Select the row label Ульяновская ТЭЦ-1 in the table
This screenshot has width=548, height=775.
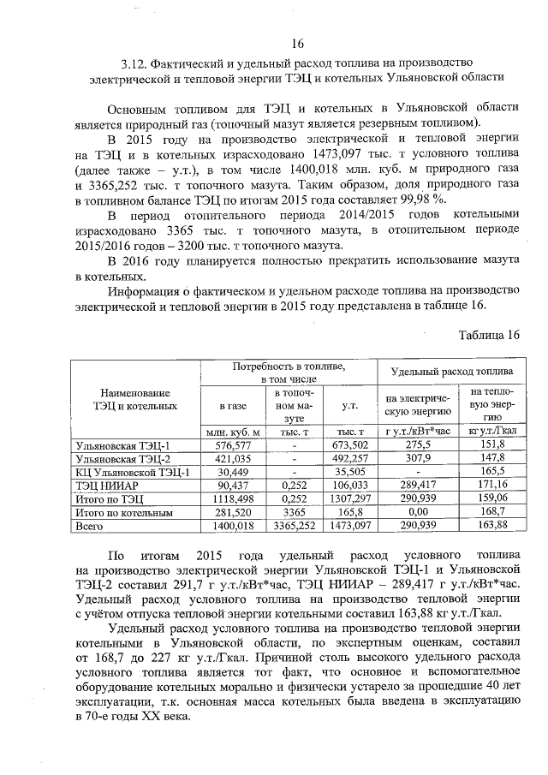tap(123, 445)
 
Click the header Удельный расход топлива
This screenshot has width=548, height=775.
tap(452, 372)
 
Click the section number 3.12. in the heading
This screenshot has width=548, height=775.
tap(137, 63)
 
